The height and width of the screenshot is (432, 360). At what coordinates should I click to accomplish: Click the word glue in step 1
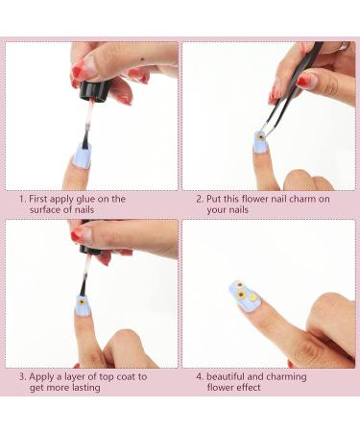point(86,200)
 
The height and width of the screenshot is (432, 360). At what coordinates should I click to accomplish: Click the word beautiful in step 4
point(226,376)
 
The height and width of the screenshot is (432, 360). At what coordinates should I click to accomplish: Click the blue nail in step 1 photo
point(82,156)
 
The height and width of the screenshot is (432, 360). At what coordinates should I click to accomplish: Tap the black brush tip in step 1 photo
point(85,138)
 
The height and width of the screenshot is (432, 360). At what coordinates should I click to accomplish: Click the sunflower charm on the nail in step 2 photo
point(260,137)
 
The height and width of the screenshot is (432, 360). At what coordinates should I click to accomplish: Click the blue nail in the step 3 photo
point(84,306)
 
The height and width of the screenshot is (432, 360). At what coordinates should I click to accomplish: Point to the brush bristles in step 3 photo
point(84,288)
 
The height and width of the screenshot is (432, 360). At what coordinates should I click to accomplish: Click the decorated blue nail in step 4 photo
point(246,296)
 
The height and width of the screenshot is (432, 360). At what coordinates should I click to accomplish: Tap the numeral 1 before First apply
point(22,199)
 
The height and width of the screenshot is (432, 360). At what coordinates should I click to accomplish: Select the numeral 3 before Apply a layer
point(22,377)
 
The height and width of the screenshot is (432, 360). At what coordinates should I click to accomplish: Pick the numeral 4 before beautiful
point(200,376)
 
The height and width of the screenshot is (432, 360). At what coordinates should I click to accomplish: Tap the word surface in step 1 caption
point(44,210)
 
